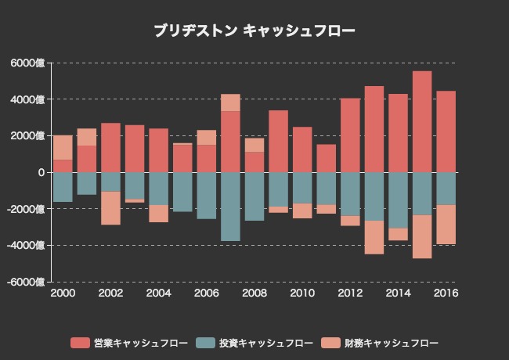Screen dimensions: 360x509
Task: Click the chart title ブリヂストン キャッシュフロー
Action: tap(254, 31)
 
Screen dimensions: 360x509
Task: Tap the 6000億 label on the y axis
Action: tap(29, 63)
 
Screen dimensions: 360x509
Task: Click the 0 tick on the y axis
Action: tap(41, 172)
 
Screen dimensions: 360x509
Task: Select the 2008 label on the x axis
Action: tap(254, 293)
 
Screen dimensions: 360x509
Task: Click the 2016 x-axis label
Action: tap(446, 293)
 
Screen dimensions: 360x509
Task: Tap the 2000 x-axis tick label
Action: tap(63, 293)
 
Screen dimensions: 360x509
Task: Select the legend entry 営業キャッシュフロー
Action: tap(129, 343)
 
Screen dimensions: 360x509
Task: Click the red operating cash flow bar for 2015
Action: tap(422, 121)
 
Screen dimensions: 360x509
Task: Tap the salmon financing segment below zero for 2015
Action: tap(422, 236)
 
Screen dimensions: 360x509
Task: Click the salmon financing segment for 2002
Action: tap(110, 207)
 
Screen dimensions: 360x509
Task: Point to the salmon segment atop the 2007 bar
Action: tap(230, 103)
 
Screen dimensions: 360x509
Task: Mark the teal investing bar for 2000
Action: tap(63, 187)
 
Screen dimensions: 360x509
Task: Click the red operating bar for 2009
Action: tap(278, 141)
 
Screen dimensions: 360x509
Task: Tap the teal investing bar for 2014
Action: tap(398, 200)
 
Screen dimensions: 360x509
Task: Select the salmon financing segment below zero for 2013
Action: tap(374, 237)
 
